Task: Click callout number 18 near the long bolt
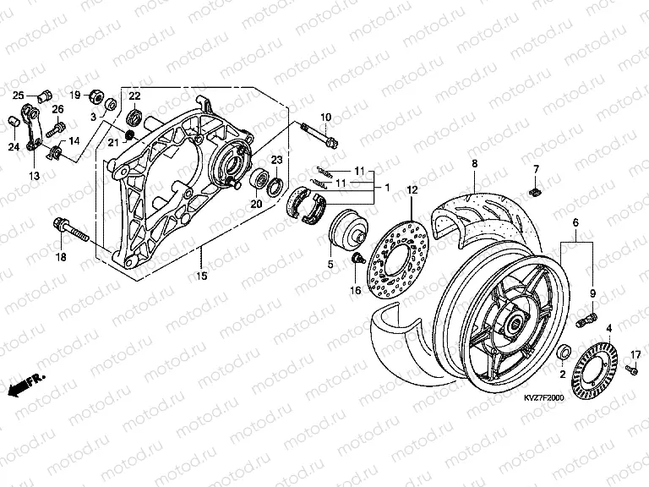point(61,256)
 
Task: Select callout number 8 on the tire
point(474,162)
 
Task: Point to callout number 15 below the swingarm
point(200,276)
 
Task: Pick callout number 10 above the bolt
point(324,116)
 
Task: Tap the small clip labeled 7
point(535,191)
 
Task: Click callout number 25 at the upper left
point(19,93)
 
